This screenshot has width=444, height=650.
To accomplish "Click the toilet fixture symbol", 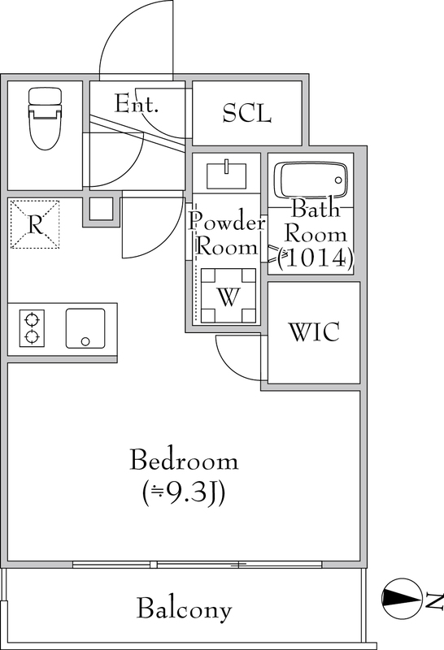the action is [46, 118].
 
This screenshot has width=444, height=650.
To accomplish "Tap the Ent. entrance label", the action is [137, 104].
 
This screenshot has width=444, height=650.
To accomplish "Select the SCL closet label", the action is [247, 113].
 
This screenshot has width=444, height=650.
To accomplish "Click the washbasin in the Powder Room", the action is [226, 175].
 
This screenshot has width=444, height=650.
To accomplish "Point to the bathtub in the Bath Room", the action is [314, 180].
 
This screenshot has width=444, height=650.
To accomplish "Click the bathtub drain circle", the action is [338, 180].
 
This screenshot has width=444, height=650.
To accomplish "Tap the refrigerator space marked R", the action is [35, 224].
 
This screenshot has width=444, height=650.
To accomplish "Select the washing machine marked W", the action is [229, 296].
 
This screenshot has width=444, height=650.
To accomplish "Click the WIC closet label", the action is [314, 331].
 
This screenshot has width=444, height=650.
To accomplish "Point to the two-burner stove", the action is [32, 328].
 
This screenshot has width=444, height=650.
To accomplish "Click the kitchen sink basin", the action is [85, 328].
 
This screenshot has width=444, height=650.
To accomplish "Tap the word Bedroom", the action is [185, 460].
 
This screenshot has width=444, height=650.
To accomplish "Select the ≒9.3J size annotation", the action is [184, 492].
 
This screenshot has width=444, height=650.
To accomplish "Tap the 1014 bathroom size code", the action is [316, 258].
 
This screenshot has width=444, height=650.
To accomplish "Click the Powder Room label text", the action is [227, 234].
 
